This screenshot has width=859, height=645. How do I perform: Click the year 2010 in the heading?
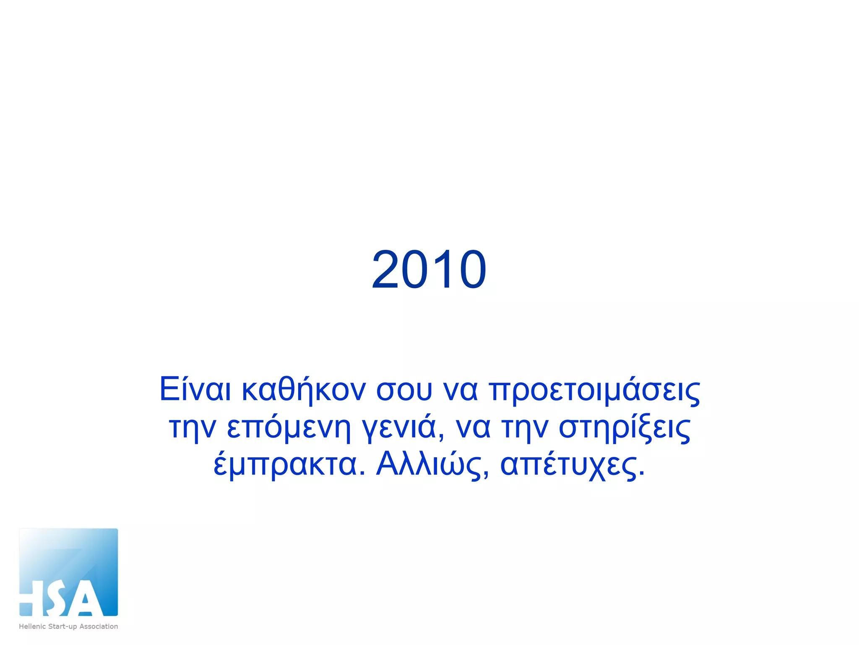[429, 269]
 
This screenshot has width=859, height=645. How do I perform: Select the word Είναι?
[195, 389]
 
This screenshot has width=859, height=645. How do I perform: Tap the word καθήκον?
[304, 389]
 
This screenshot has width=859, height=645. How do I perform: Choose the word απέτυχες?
[573, 465]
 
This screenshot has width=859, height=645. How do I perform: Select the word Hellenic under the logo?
[32, 626]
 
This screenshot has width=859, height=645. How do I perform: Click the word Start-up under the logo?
[62, 627]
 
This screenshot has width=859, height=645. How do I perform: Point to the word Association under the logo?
[99, 626]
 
